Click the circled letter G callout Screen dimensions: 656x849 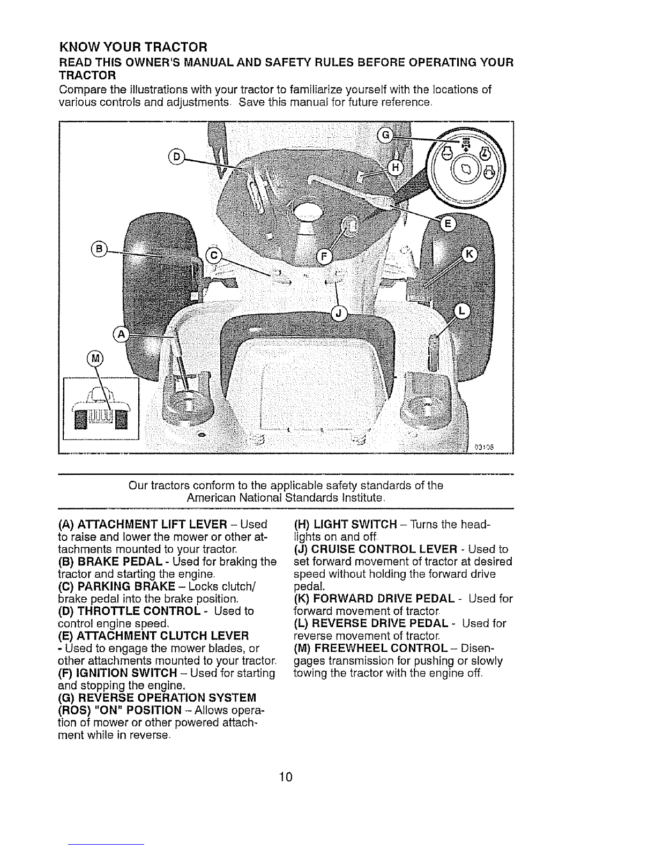point(385,135)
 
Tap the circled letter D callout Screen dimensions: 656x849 point(176,157)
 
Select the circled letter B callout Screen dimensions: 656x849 point(99,249)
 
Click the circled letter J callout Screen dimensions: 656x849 point(339,314)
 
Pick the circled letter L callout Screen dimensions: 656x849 point(462,311)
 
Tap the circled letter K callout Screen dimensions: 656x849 point(469,255)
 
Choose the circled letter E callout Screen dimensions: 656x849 point(448,224)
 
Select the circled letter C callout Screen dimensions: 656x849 point(214,255)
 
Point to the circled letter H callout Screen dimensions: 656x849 point(396,168)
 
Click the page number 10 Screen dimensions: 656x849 point(286,776)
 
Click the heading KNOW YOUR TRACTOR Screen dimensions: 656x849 point(133,47)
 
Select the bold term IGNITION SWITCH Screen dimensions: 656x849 point(126,673)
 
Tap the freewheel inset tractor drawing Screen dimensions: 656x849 point(101,408)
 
